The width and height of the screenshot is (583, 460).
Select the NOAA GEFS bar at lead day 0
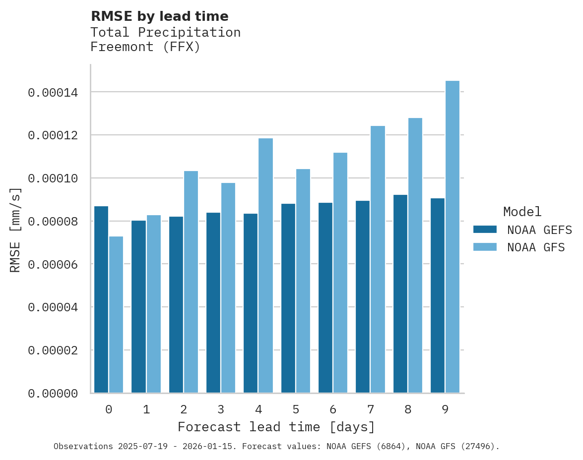point(101,299)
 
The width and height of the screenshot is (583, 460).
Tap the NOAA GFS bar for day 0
point(116,315)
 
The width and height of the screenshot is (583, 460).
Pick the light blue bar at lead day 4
point(265,266)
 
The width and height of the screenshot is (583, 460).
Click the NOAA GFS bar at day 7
point(378,259)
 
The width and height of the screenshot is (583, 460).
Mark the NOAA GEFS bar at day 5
point(288,298)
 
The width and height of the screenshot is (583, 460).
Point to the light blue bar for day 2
point(191,282)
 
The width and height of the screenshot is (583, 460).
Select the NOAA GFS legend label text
point(536,247)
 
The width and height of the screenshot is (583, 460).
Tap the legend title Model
point(522,212)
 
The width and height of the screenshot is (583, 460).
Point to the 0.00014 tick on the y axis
point(53,93)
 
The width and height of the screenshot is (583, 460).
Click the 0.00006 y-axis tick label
point(53,265)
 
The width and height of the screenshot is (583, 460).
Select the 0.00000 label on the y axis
point(53,394)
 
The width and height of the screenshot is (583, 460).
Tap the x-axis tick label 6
point(333,409)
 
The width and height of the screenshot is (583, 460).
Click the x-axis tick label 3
point(221,409)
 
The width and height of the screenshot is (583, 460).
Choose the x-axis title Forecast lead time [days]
point(276,427)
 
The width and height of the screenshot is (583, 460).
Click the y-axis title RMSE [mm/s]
point(15,230)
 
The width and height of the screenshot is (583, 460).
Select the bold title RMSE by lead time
point(159,16)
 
